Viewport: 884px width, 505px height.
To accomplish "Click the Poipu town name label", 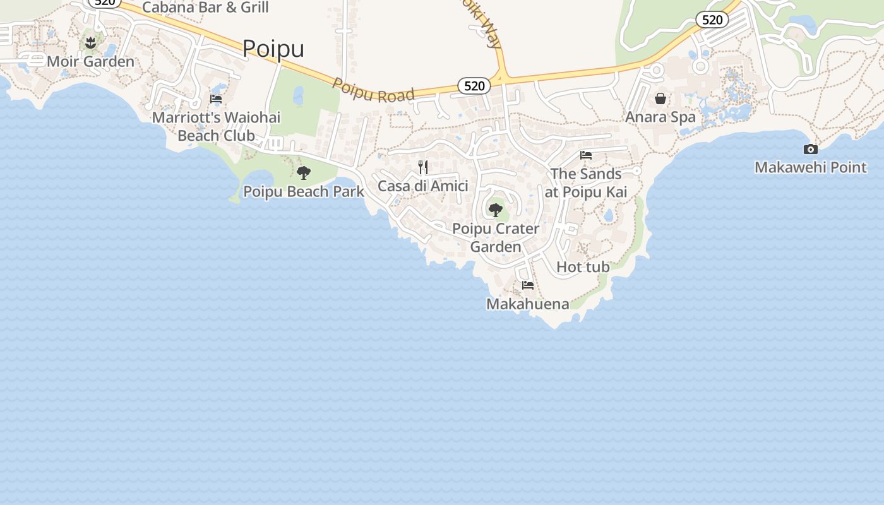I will coord(273,49).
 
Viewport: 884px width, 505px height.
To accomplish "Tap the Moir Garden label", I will coord(90,62).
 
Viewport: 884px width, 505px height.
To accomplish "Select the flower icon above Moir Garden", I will coord(91,42).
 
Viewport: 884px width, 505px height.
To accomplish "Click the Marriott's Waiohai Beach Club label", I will coord(216,126).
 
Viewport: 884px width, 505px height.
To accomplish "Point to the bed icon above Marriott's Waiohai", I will coord(216,98).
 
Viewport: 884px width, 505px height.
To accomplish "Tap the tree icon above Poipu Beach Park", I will coord(304,172).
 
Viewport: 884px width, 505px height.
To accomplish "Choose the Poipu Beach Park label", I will coord(304,191).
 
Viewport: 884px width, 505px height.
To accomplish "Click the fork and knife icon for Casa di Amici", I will coord(423,167).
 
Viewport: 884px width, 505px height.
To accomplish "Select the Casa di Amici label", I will coord(423,186).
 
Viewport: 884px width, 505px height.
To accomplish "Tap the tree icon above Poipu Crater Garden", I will coord(496,210).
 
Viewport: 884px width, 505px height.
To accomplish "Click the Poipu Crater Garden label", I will coord(496,237).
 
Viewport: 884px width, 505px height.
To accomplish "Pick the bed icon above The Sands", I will coord(586,155).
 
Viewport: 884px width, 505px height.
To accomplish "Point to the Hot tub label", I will coord(583,267).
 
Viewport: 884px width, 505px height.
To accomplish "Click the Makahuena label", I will coord(527,304).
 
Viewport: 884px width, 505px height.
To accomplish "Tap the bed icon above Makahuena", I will coord(528,285).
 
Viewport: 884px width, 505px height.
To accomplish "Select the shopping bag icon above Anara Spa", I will coord(660,98).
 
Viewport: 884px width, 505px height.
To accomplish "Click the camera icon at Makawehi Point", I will coord(811,149).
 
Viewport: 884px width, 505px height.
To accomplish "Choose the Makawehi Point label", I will coord(811,167).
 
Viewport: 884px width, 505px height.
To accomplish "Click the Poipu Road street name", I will coord(373,90).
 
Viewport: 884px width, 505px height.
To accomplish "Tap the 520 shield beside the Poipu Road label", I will coord(474,86).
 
